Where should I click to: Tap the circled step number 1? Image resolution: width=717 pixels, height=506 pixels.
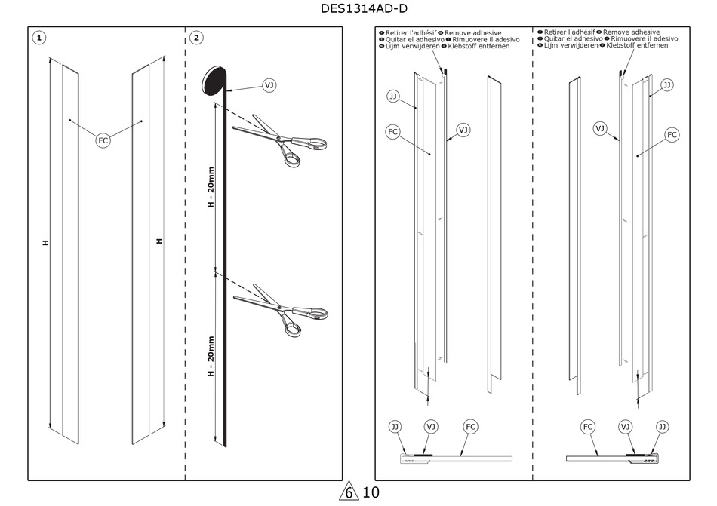[x=39, y=37]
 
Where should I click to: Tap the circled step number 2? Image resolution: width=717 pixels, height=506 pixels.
[x=196, y=37]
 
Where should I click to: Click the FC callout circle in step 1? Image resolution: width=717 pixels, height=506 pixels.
[x=104, y=140]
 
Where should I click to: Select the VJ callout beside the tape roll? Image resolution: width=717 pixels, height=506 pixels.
[x=269, y=85]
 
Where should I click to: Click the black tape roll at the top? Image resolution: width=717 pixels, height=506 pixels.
[x=214, y=81]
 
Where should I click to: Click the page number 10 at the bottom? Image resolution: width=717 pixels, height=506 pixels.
[x=371, y=493]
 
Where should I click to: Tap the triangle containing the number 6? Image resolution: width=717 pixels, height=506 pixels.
[x=349, y=492]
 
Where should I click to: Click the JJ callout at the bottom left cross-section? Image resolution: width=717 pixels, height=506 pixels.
[x=395, y=427]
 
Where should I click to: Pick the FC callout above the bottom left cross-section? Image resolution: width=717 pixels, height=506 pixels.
[x=470, y=427]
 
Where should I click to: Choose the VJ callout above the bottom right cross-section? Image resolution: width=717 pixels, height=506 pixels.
[x=625, y=427]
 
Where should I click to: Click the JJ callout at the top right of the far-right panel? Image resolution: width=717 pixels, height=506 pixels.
[x=666, y=85]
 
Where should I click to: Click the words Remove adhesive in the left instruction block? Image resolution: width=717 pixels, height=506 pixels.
[x=472, y=33]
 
